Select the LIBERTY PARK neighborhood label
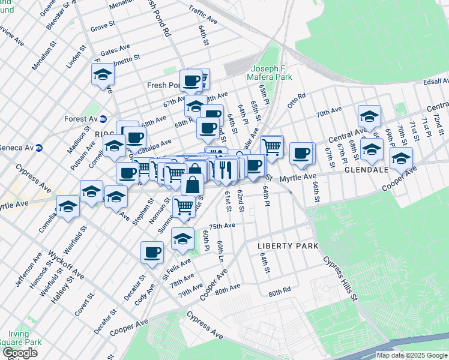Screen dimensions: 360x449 point(282,246)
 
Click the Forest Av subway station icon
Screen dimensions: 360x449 point(103,119)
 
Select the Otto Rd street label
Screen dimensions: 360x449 point(297,98)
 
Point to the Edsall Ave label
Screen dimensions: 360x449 point(435,81)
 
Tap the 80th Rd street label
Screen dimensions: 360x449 point(279,293)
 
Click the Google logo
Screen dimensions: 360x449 point(19,353)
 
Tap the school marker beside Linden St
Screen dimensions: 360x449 point(103,76)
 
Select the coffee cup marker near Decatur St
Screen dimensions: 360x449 point(152,252)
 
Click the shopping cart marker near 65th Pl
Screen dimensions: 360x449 point(272,145)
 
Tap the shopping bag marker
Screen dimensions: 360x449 point(192,184)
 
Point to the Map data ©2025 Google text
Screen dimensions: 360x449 point(411,355)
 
